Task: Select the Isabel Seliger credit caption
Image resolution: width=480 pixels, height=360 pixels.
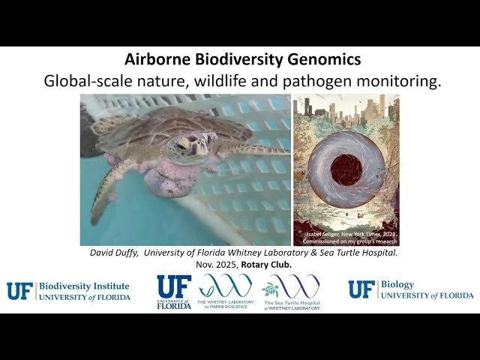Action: pos(349,237)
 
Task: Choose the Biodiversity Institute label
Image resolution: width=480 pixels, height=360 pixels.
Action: pos(82,286)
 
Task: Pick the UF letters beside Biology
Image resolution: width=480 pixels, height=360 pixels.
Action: pos(361,290)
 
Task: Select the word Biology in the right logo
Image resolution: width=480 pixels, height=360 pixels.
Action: pos(397,285)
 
